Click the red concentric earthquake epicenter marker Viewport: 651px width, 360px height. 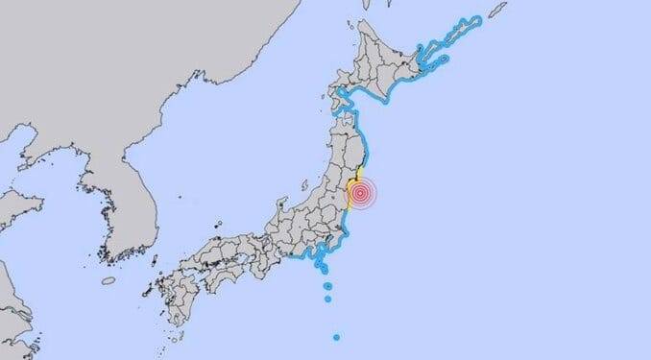coord(361,195)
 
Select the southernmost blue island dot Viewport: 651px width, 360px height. coord(336,337)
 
